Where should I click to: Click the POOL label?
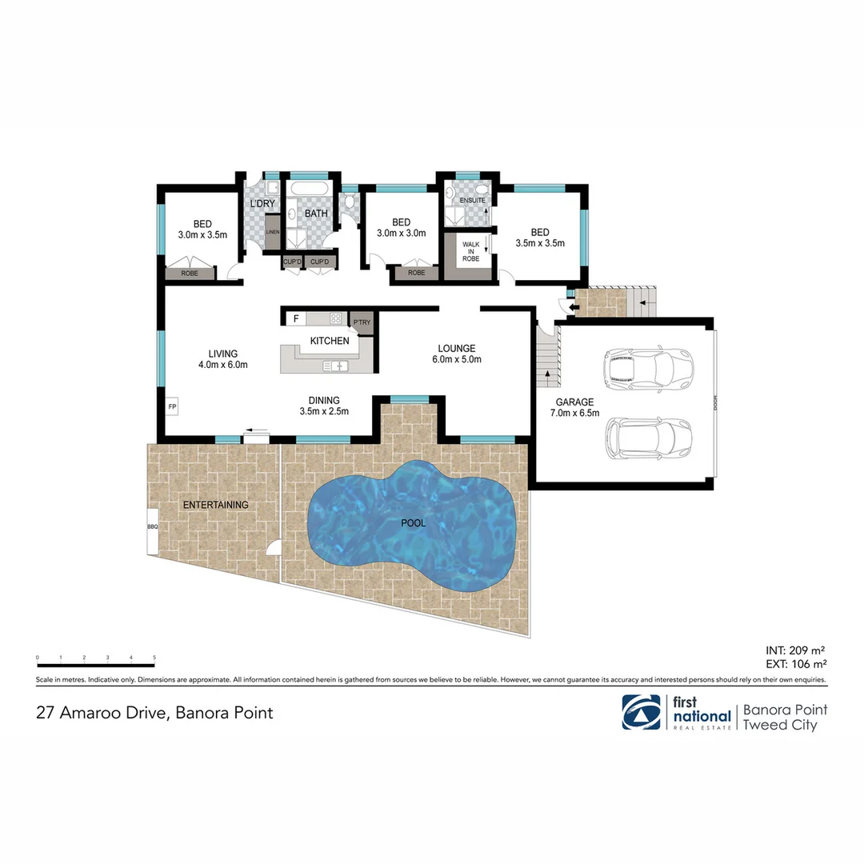(x=413, y=523)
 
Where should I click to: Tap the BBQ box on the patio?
(x=152, y=528)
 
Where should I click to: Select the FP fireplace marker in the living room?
(x=171, y=407)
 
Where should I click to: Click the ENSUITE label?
(x=472, y=199)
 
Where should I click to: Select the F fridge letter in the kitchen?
(x=296, y=318)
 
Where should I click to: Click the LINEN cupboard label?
(x=273, y=233)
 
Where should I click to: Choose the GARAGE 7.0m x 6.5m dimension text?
(x=576, y=414)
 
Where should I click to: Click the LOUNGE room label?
(x=457, y=348)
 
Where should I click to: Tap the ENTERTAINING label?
(x=215, y=505)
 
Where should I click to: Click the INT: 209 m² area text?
(x=796, y=650)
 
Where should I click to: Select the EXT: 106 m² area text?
(x=796, y=663)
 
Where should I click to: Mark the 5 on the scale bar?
(x=154, y=658)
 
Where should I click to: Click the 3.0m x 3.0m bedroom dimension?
(x=401, y=234)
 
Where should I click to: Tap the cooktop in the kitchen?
(x=337, y=318)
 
